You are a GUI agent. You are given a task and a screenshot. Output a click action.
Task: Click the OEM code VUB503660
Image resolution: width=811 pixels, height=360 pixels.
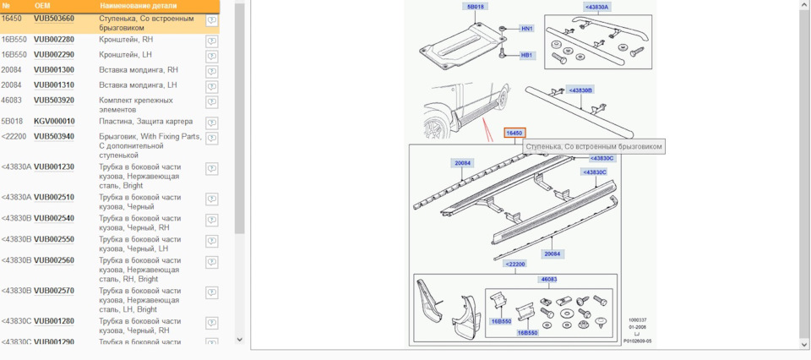pos(53,18)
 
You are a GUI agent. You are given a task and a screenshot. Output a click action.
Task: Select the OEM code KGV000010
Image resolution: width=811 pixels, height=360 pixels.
pos(53,121)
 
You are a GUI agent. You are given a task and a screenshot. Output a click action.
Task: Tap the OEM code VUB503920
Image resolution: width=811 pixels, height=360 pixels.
pos(53,101)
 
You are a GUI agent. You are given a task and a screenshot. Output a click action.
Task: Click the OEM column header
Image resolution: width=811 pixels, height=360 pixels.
pos(42,5)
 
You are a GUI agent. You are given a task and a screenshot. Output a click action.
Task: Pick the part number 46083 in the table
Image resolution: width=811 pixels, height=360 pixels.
pos(12,101)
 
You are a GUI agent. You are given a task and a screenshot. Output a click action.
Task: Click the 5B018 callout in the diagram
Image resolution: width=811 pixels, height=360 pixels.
pos(476,7)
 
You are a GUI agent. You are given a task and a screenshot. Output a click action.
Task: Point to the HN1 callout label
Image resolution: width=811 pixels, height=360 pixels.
pos(526,29)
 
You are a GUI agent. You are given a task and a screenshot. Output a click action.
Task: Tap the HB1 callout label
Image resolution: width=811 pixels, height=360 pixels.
pos(526,55)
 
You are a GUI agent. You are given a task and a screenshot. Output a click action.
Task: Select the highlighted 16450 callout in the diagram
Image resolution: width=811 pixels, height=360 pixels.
pos(514,133)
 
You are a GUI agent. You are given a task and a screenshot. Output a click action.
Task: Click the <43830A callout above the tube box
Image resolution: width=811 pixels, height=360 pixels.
pos(596,7)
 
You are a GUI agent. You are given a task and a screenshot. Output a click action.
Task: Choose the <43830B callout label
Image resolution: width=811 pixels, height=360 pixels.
pos(580,90)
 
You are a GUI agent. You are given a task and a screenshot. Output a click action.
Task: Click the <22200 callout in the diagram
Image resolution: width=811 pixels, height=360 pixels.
pos(516,265)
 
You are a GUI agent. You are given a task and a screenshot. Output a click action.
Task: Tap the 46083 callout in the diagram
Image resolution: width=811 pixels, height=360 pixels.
pos(548,278)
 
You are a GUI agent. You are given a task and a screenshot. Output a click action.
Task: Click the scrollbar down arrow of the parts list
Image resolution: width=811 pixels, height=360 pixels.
pos(239,339)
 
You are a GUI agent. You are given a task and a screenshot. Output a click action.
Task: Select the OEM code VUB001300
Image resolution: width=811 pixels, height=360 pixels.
pos(53,69)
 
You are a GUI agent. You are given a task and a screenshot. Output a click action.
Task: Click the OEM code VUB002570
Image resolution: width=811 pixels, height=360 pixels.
pos(53,291)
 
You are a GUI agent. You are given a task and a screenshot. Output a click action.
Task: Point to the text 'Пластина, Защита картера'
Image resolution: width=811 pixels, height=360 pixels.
pos(145,121)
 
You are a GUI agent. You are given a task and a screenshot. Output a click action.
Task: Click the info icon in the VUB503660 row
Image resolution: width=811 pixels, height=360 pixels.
pos(211,20)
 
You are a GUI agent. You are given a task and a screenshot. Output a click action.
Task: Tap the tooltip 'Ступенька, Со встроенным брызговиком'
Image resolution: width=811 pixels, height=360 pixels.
pos(594,146)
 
